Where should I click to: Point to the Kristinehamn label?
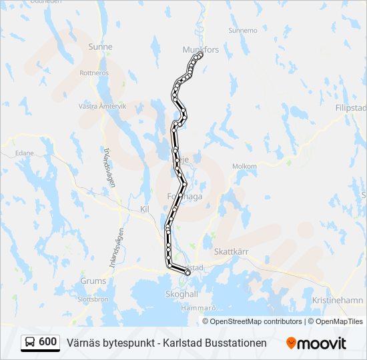click(x=337, y=301)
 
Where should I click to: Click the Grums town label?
click(x=93, y=281)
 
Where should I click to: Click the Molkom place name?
click(x=244, y=166)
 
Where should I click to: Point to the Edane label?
click(x=25, y=153)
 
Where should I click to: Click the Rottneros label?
click(x=94, y=73)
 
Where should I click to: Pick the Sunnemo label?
click(x=242, y=31)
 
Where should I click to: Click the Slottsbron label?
click(x=93, y=299)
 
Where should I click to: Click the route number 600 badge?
click(x=48, y=342)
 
